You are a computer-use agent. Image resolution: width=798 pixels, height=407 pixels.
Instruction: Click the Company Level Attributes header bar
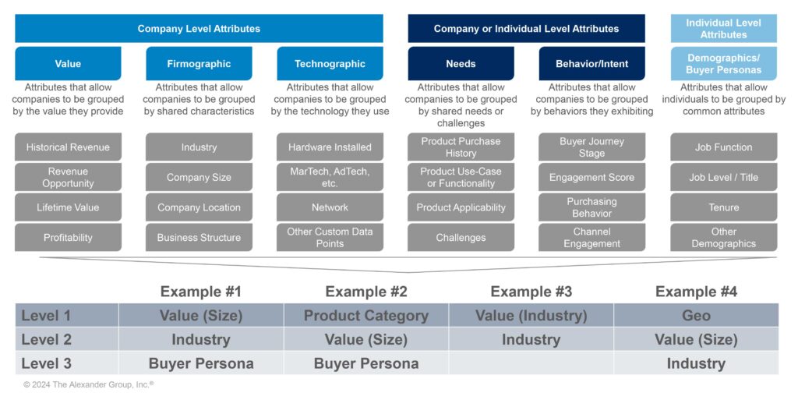[x=199, y=29]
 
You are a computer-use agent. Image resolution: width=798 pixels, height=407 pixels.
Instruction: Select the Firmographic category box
[x=199, y=64]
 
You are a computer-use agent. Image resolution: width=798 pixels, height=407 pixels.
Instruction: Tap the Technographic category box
[x=330, y=64]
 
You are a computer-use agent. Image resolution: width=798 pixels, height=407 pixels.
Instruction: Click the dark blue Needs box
[x=461, y=64]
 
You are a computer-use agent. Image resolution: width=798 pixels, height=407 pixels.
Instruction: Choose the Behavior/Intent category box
[x=591, y=64]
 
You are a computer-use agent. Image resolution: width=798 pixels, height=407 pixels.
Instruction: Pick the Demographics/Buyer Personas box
[x=724, y=64]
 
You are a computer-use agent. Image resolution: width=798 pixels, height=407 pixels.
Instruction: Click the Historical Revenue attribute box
[x=68, y=147]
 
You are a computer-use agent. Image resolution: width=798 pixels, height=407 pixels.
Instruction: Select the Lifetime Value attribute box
[x=68, y=207]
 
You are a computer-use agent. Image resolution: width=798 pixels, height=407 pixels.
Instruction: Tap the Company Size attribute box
[x=199, y=177]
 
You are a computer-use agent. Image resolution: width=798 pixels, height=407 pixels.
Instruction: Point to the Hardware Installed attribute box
[x=330, y=147]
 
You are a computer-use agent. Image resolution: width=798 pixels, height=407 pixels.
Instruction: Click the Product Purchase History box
[x=461, y=147]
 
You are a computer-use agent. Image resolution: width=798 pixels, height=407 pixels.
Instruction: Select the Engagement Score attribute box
[x=591, y=177]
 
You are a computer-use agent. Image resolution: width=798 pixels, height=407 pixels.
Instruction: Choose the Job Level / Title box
[x=724, y=177]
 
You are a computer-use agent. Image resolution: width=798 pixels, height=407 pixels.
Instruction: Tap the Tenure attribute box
[x=724, y=207]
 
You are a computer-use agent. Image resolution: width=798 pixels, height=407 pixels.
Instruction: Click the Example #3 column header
[x=531, y=292]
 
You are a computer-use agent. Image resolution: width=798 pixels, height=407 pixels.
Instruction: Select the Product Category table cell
[x=365, y=316]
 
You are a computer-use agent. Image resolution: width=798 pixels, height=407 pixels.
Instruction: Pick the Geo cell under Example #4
[x=696, y=316]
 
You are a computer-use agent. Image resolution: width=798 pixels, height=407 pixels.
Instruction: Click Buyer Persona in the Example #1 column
[x=201, y=363]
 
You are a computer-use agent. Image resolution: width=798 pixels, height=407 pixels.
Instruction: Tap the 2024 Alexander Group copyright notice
[x=88, y=384]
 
